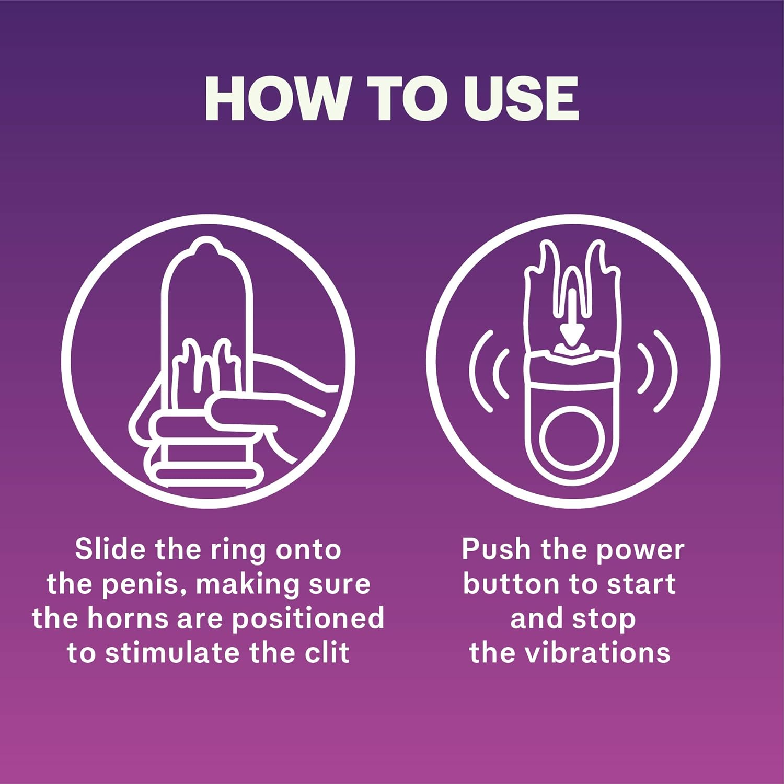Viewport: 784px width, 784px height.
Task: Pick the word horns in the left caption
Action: tap(128, 618)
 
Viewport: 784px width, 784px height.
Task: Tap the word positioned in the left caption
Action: tap(308, 619)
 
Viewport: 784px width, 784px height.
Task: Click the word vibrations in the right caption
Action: tap(597, 653)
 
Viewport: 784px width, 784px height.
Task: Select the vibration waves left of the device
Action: tap(486, 371)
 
